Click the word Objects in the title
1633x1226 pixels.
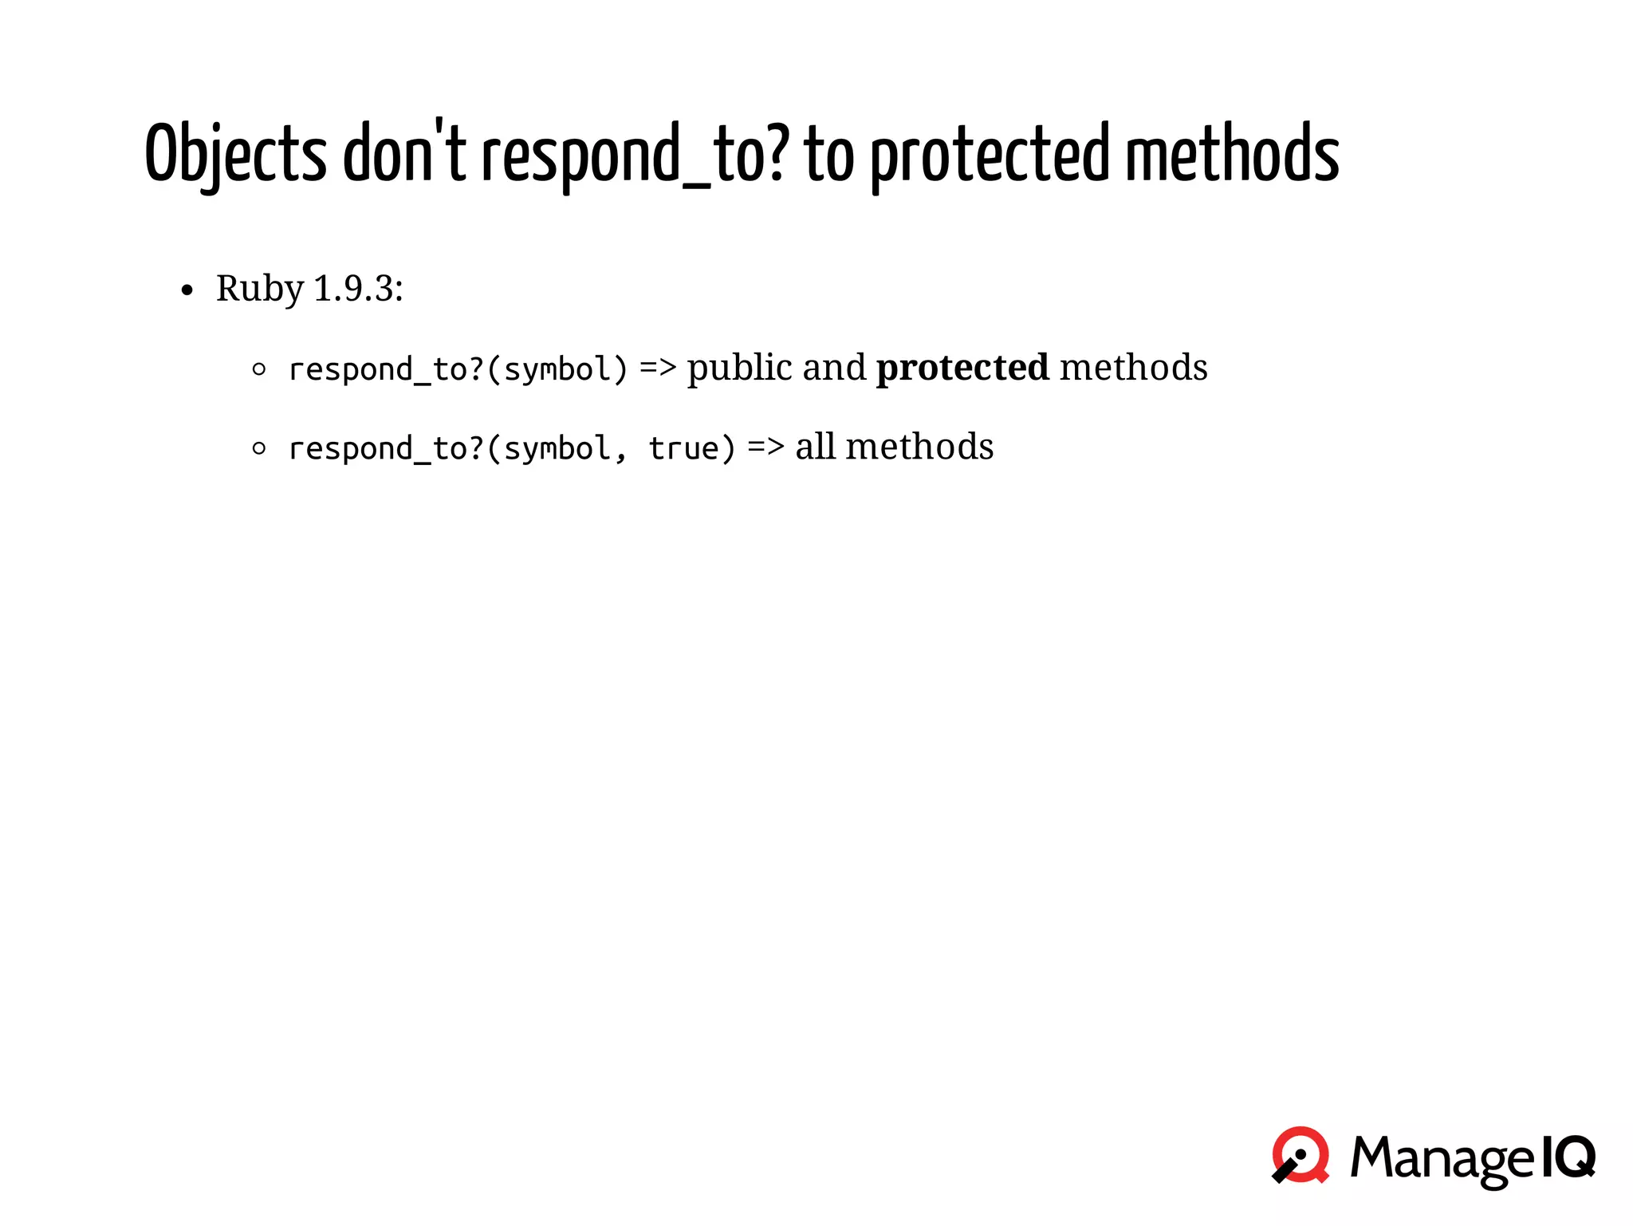pos(235,154)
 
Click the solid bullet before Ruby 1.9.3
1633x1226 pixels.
pos(187,291)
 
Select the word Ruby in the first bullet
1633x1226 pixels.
pos(260,289)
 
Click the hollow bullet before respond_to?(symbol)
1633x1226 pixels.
pos(258,369)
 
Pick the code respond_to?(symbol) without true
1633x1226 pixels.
pos(458,369)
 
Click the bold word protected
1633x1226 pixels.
pos(962,369)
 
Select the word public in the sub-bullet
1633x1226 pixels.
pos(740,369)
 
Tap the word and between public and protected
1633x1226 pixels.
pos(834,368)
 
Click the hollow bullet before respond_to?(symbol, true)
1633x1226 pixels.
pos(258,448)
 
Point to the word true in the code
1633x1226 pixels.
pos(684,448)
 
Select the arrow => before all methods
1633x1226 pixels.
pos(765,447)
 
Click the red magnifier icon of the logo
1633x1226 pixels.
pos(1300,1155)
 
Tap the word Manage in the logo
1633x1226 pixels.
pos(1442,1159)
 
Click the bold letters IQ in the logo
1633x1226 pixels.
pos(1568,1157)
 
